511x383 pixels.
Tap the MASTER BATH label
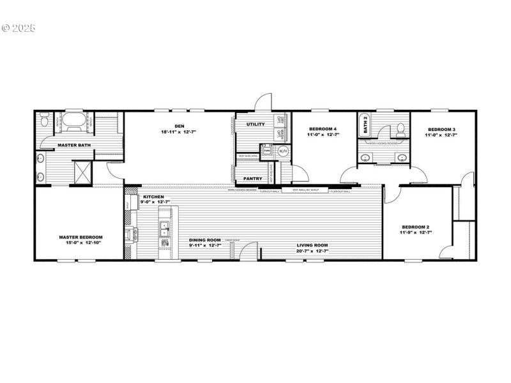[72, 146]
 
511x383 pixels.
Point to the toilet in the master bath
[43, 119]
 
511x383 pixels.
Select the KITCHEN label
[154, 197]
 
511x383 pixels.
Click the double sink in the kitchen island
[164, 234]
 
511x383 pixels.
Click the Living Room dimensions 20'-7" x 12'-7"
[312, 251]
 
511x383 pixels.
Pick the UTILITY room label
[256, 124]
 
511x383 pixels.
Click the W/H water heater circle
[283, 151]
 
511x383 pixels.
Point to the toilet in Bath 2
[400, 130]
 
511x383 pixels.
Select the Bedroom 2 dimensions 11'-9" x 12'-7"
[416, 232]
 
